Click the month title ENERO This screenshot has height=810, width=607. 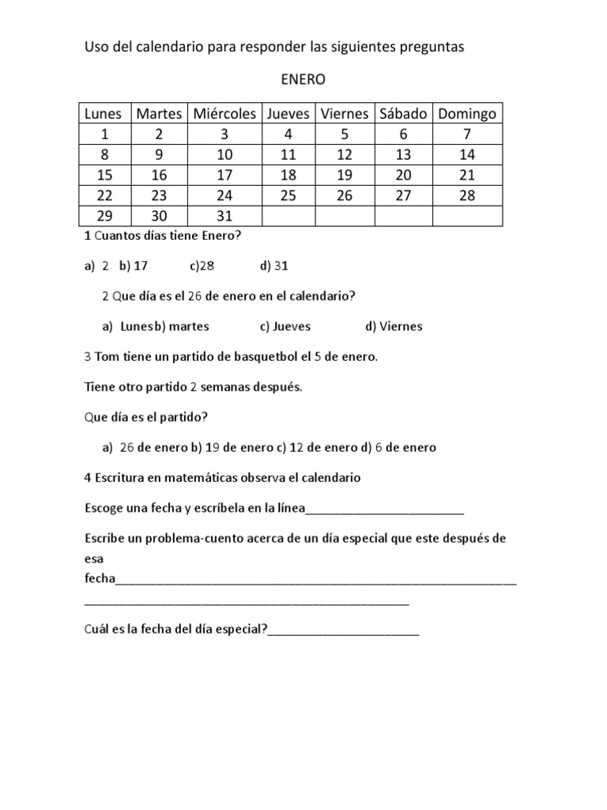pos(303,80)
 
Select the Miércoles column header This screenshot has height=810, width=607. pos(224,114)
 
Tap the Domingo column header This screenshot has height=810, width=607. pos(467,114)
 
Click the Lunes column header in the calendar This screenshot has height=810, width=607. pos(104,114)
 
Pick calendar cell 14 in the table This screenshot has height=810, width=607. pos(467,155)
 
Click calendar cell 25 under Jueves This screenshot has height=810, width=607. pos(288,196)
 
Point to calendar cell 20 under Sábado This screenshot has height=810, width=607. pos(403,176)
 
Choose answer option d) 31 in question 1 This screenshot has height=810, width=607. pos(273,267)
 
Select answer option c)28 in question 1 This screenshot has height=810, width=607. pos(202,267)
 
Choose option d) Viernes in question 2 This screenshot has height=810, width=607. pos(394,326)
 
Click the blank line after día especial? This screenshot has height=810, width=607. pos(343,630)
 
